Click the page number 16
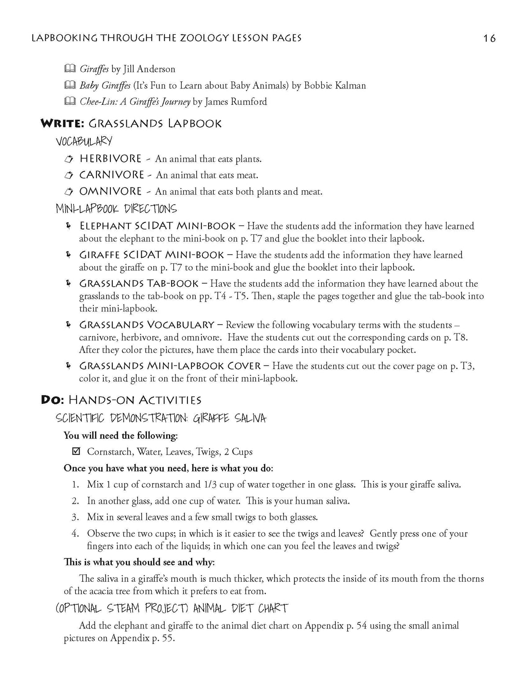(x=489, y=38)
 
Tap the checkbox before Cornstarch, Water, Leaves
(x=76, y=451)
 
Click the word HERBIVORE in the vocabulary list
(x=110, y=159)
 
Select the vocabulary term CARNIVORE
(x=111, y=175)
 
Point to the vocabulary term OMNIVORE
(x=110, y=191)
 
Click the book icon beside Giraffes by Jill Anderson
(x=70, y=69)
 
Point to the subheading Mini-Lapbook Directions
(x=116, y=209)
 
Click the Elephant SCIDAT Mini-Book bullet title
(x=157, y=226)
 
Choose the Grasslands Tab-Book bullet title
(x=142, y=283)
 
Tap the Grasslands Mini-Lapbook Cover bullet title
(x=170, y=366)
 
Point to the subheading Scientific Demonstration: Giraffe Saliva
(x=161, y=418)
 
